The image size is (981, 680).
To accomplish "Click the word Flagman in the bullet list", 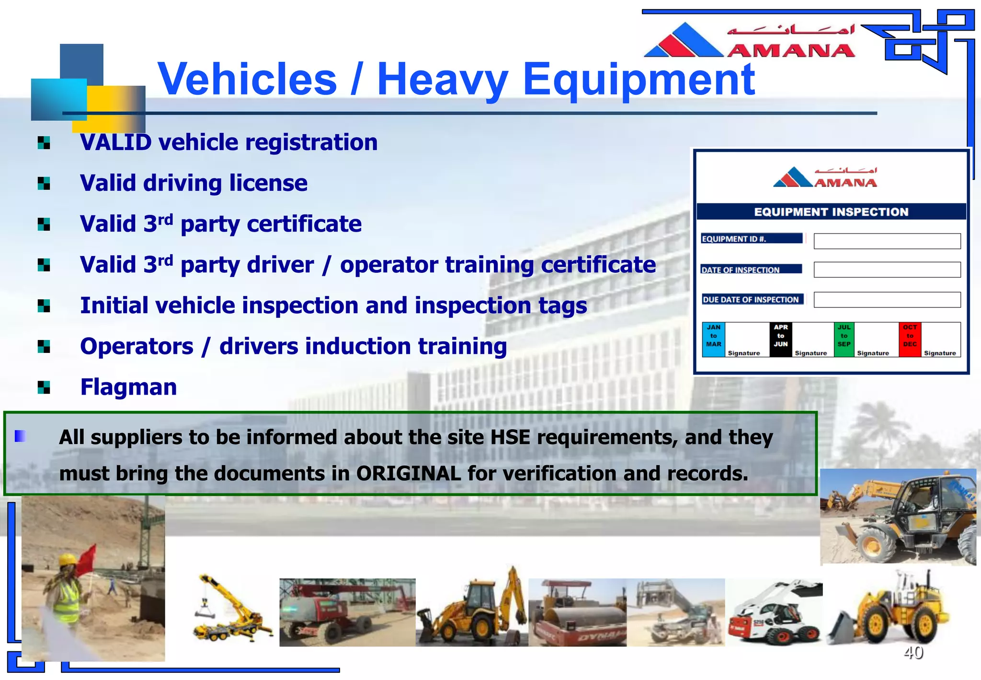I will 128,387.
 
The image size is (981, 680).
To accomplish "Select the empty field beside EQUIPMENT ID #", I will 887,241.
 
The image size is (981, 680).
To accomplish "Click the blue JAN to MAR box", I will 713,340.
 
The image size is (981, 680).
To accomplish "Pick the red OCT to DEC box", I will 909,340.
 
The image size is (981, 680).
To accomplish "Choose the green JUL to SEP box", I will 844,340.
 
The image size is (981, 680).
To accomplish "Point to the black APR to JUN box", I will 780,340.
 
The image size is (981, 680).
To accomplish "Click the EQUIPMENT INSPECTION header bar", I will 831,212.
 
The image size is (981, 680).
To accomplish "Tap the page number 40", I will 913,652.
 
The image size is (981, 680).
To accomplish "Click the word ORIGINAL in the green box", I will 408,474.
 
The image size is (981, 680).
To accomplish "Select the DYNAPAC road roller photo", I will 577,613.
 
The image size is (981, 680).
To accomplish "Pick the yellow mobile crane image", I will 230,609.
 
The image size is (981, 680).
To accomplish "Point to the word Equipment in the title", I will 638,80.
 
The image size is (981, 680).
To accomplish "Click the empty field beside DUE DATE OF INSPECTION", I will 887,300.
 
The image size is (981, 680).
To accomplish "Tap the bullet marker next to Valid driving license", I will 44,184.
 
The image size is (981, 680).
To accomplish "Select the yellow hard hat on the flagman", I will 68,559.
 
